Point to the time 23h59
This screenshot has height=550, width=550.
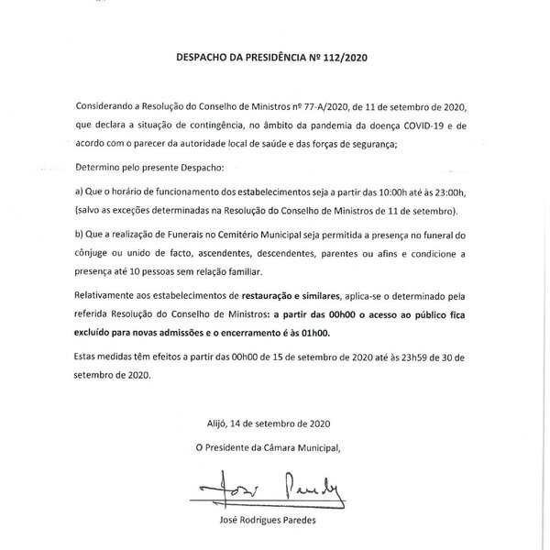click(407, 357)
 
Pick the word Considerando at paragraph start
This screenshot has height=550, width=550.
click(107, 108)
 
